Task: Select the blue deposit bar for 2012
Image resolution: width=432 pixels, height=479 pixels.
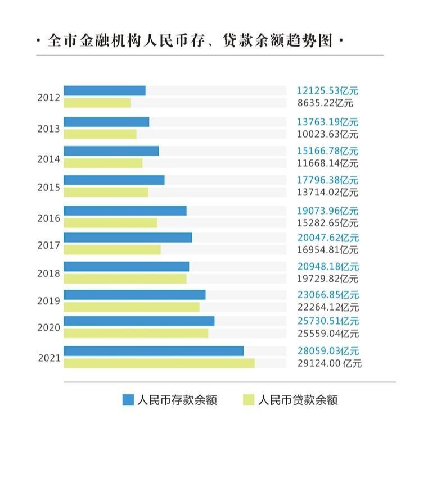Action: click(x=105, y=90)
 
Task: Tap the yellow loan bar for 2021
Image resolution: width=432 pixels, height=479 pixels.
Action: click(x=159, y=363)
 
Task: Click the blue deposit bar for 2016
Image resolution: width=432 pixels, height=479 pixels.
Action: click(x=125, y=211)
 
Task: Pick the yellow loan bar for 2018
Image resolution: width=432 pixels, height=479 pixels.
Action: click(x=125, y=279)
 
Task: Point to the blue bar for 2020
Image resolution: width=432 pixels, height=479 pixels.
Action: click(x=139, y=321)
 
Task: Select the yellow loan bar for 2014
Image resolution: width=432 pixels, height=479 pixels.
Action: click(x=103, y=163)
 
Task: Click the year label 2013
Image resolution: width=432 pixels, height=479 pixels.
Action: click(x=48, y=129)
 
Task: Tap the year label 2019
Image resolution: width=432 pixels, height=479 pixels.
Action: click(x=48, y=301)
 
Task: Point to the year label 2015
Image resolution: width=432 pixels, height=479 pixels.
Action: click(x=48, y=187)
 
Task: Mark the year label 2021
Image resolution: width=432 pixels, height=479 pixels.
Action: click(x=49, y=357)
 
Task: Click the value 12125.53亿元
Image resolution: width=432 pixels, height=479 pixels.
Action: click(x=327, y=91)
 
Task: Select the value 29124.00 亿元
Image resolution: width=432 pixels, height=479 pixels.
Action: click(x=329, y=363)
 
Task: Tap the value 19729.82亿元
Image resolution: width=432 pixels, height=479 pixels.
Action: click(x=327, y=279)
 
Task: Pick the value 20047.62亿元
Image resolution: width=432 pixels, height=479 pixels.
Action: click(x=327, y=238)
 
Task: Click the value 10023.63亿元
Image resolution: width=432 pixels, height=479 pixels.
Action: click(x=327, y=134)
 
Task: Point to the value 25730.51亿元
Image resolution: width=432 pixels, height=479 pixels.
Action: click(x=327, y=321)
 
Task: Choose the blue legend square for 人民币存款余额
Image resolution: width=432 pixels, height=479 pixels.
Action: click(x=128, y=400)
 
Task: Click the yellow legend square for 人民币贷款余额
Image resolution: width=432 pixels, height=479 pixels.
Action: click(x=248, y=400)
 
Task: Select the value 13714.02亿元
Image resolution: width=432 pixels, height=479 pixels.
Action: click(x=327, y=193)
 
